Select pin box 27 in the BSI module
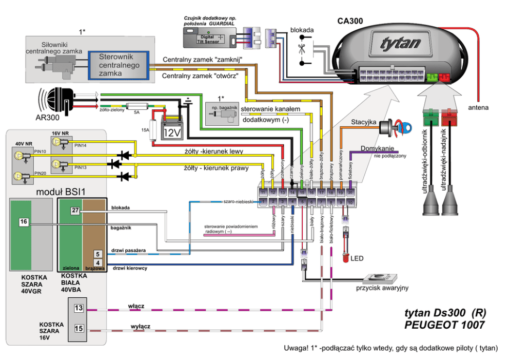75,211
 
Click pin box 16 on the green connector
24,221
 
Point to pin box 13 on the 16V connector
79,308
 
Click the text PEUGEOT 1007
444,325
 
